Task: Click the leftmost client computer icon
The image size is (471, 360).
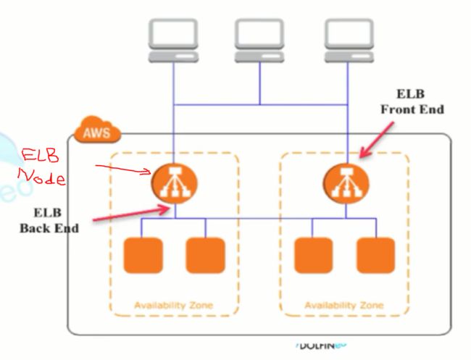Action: coord(173,39)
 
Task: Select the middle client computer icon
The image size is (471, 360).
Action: coord(259,39)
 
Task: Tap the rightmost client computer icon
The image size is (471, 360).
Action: coord(346,39)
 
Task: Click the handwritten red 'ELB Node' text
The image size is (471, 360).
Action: coord(44,167)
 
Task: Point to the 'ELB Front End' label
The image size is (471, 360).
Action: coord(412,101)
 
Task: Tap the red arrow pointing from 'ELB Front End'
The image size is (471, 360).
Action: coord(377,140)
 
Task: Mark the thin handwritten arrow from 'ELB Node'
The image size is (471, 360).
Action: coord(123,169)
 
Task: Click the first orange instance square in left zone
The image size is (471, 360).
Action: coord(143,254)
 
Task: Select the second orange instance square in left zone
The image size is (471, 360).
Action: coord(205,254)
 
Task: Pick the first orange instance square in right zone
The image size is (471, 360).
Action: coord(314,254)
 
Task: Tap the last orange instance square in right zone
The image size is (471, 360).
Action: coord(375,254)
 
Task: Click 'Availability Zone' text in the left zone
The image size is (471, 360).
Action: coord(174,305)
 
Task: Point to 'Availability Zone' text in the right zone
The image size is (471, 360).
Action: coord(344,305)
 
